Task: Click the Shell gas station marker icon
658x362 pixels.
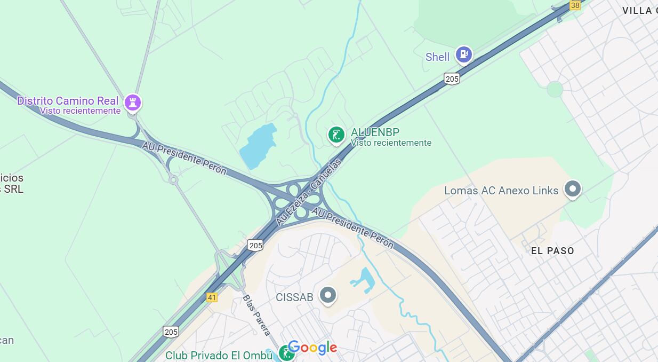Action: click(x=464, y=54)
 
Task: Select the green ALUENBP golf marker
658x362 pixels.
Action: click(x=336, y=135)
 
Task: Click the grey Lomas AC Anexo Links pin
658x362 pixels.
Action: click(x=573, y=188)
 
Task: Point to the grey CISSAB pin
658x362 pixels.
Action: click(x=327, y=295)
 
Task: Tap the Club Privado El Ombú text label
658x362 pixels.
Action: click(x=219, y=356)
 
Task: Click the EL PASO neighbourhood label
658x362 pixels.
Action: click(x=552, y=251)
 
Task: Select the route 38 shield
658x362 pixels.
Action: click(x=575, y=5)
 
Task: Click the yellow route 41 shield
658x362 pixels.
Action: click(x=212, y=297)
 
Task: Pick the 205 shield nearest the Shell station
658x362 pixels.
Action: click(x=452, y=79)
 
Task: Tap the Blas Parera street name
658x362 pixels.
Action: click(x=256, y=315)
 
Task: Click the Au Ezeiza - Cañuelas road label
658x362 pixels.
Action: click(x=309, y=191)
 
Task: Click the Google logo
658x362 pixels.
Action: click(x=312, y=348)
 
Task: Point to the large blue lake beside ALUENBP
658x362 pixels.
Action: click(x=258, y=145)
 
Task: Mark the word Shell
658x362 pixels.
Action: click(x=438, y=57)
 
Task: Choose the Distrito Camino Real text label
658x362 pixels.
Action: click(x=68, y=101)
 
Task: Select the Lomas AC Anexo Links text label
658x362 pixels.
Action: click(x=501, y=191)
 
